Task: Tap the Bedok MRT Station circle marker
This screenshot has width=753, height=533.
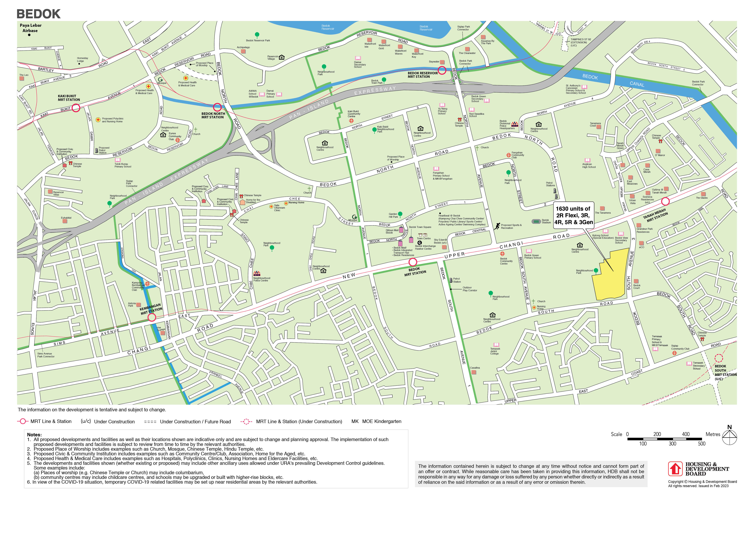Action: [x=413, y=262]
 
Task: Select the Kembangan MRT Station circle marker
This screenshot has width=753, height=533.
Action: [x=151, y=317]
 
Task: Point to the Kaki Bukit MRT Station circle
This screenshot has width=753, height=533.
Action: [x=76, y=108]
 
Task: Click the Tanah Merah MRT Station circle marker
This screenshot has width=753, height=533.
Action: [x=665, y=201]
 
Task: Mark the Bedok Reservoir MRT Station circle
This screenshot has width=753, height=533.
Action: [x=442, y=70]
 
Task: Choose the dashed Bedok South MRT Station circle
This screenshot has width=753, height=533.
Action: [x=719, y=358]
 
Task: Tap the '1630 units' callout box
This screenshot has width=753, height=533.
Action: [x=574, y=215]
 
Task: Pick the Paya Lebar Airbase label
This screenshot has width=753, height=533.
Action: [x=31, y=28]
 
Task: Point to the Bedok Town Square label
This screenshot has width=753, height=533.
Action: [x=420, y=227]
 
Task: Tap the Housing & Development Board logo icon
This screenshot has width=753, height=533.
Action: [x=675, y=469]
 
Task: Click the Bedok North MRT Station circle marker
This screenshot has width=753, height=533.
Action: [x=217, y=107]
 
